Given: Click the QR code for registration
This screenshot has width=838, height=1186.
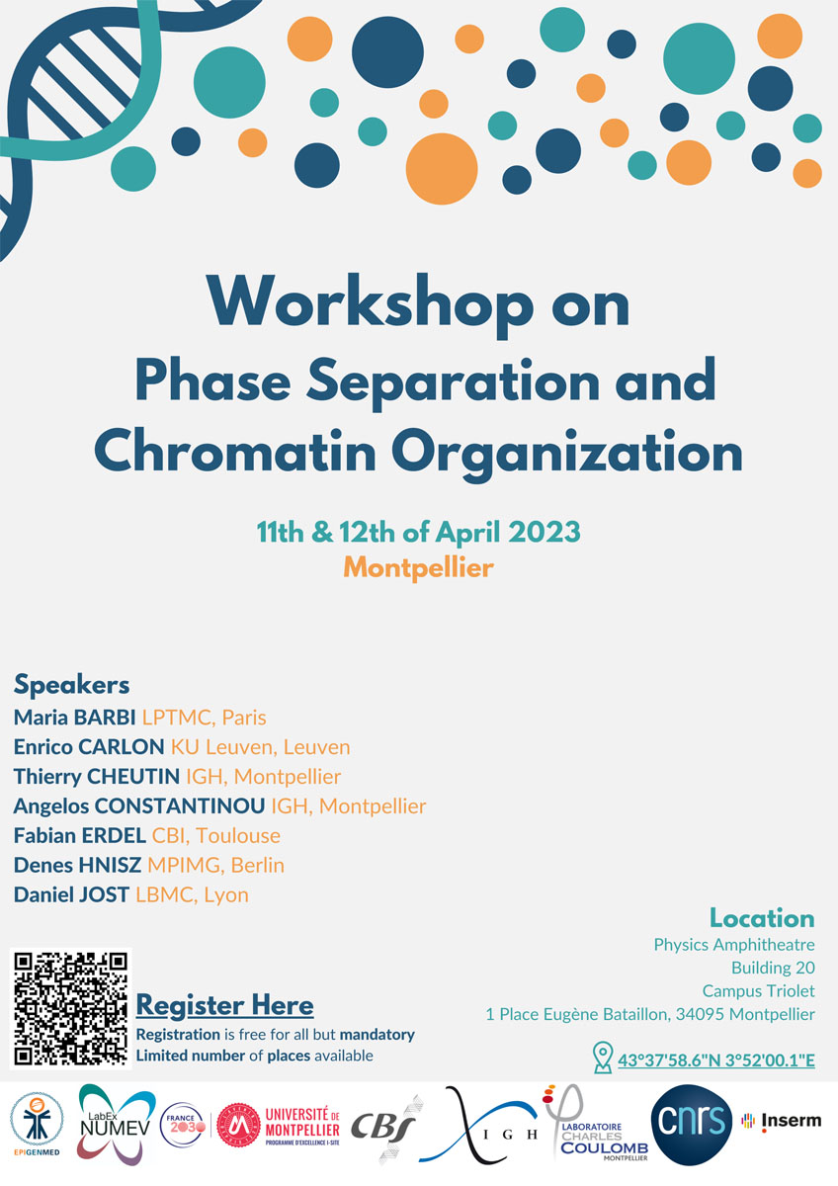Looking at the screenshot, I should pyautogui.click(x=70, y=1007).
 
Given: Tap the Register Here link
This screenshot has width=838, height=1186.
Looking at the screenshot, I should pyautogui.click(x=224, y=1006).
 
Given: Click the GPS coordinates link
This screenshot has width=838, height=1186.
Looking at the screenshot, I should pyautogui.click(x=716, y=1061).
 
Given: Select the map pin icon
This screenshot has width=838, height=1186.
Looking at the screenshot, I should pyautogui.click(x=602, y=1058).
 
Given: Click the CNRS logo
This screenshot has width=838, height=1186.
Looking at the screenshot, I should pyautogui.click(x=692, y=1122).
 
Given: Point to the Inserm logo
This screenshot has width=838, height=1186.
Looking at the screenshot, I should pyautogui.click(x=781, y=1121).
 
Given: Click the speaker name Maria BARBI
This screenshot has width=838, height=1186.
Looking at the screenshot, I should pyautogui.click(x=75, y=717).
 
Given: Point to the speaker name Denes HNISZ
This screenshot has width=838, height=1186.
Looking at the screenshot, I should pyautogui.click(x=77, y=865).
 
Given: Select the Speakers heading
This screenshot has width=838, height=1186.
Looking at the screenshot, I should pyautogui.click(x=71, y=684).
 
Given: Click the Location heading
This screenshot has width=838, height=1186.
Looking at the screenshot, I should pyautogui.click(x=762, y=917).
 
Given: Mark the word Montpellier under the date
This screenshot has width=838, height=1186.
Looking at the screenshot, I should pyautogui.click(x=418, y=567).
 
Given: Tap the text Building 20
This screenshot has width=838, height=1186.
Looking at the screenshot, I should pyautogui.click(x=773, y=968).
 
